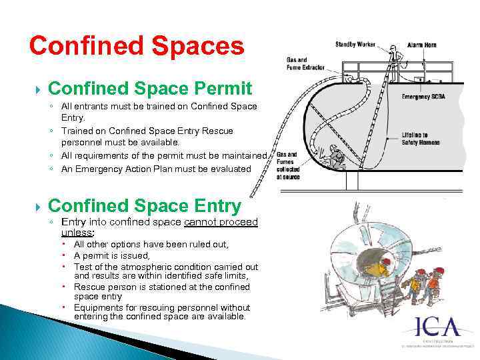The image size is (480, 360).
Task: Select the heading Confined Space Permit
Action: click(150, 88)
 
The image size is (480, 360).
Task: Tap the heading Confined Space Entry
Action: click(144, 206)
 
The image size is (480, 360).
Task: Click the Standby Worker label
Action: click(355, 45)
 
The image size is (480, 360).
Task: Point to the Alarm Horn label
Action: click(421, 45)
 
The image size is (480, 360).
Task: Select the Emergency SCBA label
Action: click(424, 97)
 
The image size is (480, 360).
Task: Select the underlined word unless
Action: click(77, 233)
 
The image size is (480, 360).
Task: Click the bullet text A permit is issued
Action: click(112, 255)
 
